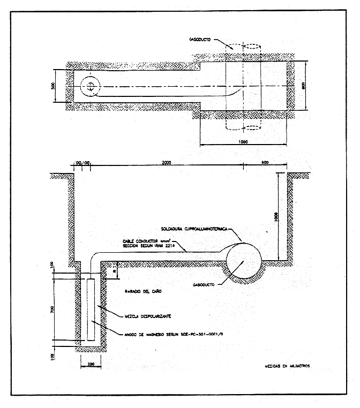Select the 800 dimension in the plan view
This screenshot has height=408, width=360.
pos(303,87)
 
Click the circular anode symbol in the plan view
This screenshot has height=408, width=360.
pos(91,87)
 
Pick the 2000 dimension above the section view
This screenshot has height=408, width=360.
pos(166,162)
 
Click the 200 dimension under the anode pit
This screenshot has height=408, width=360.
pos(91,365)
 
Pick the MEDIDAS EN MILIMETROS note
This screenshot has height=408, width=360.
pos(288,367)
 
